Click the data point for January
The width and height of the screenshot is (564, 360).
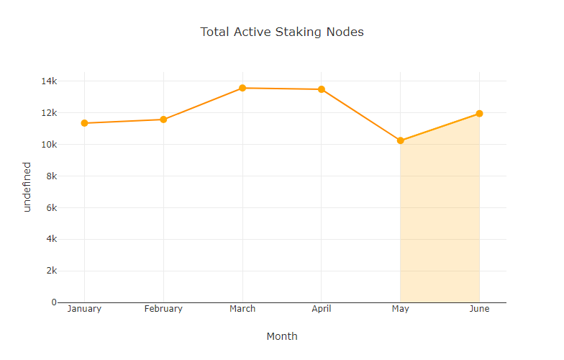tap(84, 123)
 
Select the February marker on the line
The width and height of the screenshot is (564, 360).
tap(163, 120)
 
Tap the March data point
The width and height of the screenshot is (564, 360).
tap(242, 88)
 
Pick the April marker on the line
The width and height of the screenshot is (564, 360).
tap(322, 89)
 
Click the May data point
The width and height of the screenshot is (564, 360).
tap(400, 140)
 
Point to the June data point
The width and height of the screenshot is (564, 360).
tap(479, 114)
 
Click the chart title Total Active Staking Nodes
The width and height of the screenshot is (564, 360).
tap(282, 32)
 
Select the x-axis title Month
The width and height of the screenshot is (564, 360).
tap(282, 336)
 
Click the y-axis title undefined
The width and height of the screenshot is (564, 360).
tap(27, 186)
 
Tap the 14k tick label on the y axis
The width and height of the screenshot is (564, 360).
tap(47, 81)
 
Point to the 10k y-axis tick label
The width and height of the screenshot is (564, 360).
tap(47, 145)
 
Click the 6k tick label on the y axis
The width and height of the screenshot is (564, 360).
tap(50, 208)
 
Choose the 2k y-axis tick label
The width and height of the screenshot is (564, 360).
tap(50, 271)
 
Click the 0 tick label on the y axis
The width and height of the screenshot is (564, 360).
tap(53, 302)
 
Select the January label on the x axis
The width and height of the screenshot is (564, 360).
tap(84, 309)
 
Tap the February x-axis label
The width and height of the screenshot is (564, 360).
tap(163, 309)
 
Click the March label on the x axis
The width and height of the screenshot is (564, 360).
tap(242, 309)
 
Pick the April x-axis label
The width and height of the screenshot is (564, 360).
tap(322, 309)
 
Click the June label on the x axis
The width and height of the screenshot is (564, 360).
tap(479, 309)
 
